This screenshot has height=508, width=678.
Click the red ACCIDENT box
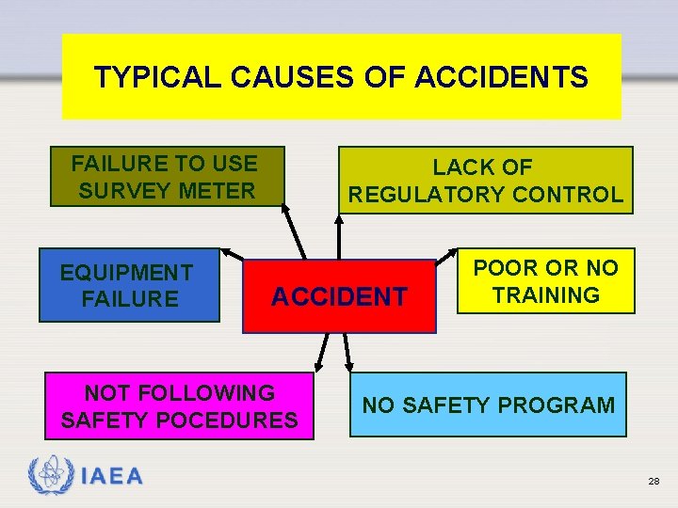[x=339, y=296]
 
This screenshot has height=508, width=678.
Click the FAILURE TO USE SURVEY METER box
[x=166, y=176]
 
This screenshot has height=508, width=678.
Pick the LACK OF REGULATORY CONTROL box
[x=485, y=181]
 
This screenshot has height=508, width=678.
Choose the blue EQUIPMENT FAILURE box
[x=128, y=285]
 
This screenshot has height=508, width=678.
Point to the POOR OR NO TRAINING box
[x=545, y=280]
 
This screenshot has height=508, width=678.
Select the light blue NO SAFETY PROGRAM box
[x=488, y=405]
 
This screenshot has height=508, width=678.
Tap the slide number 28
[x=654, y=481]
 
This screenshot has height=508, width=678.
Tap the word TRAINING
[x=545, y=294]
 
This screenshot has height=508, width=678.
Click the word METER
[x=218, y=190]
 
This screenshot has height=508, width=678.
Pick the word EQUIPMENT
[x=126, y=273]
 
